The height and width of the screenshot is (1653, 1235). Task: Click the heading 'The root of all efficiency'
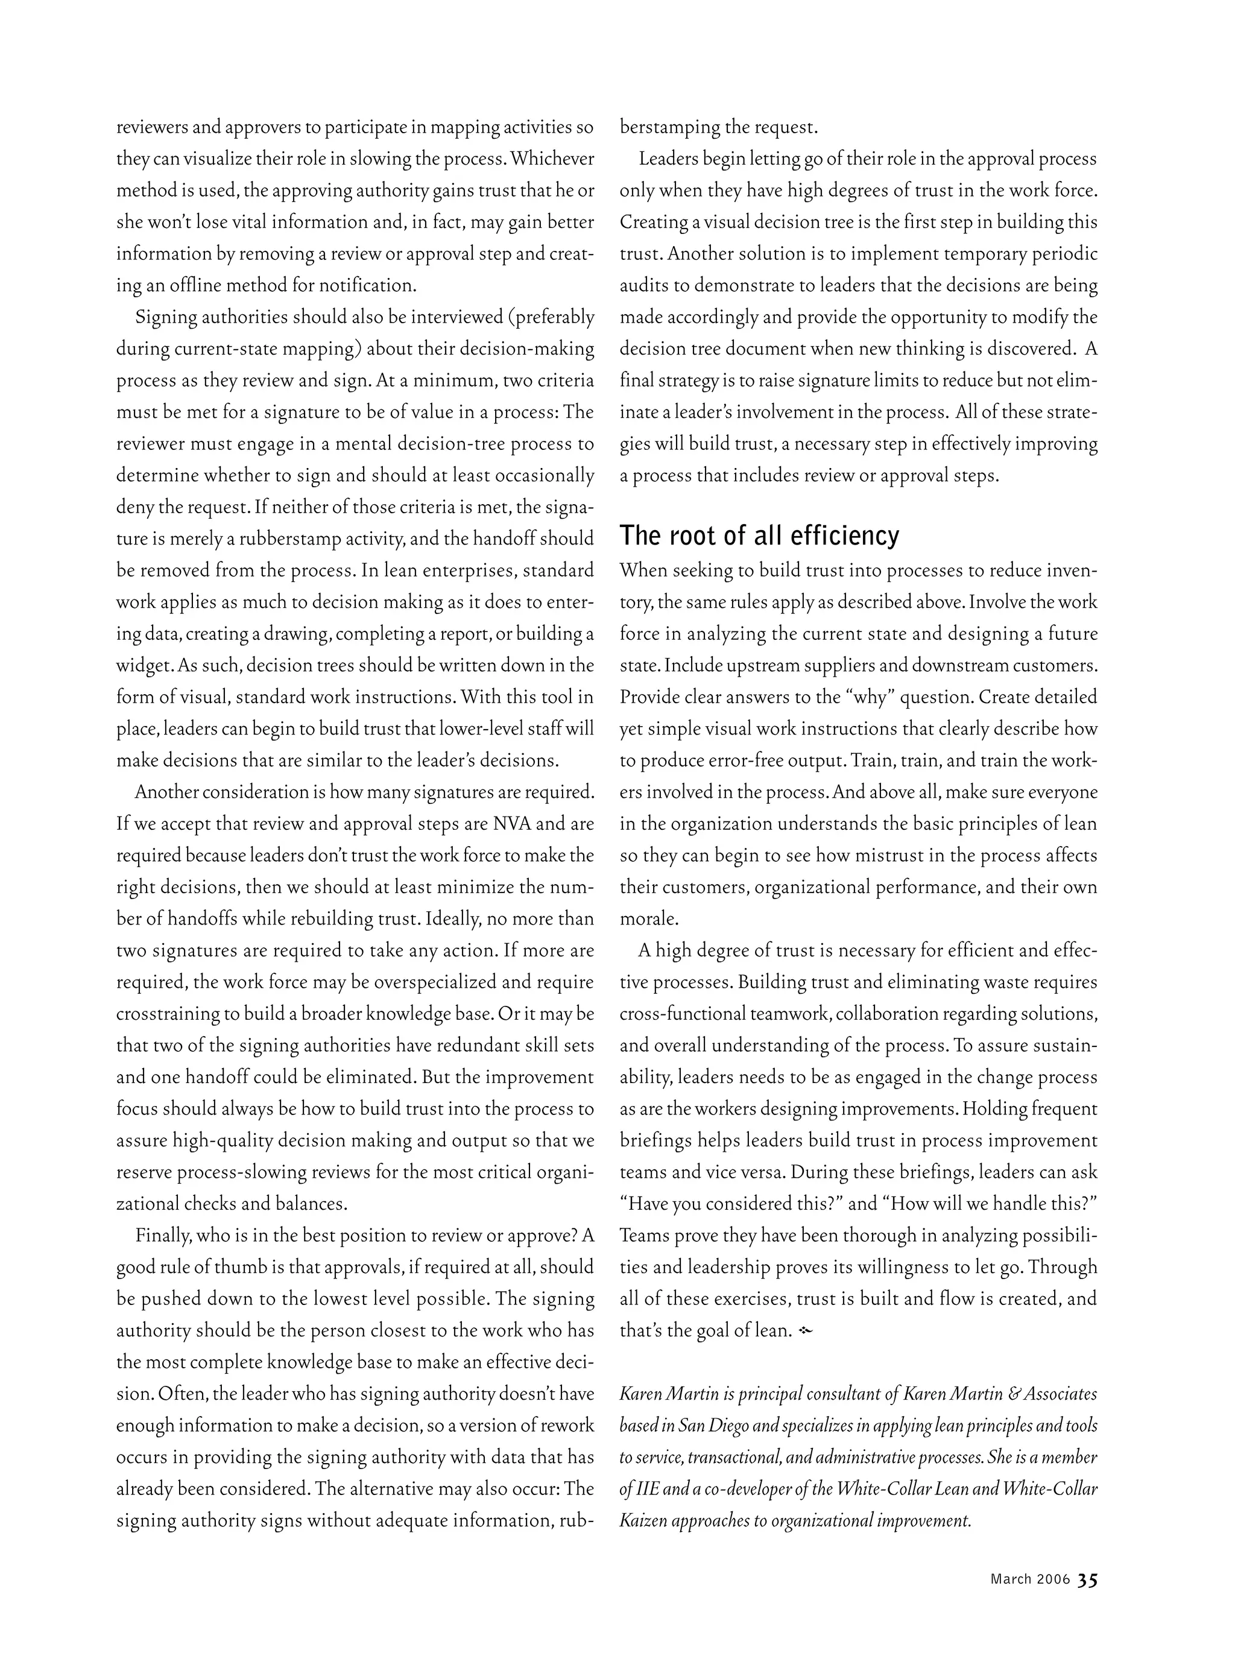(x=759, y=536)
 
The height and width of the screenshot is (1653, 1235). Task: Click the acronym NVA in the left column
(x=512, y=824)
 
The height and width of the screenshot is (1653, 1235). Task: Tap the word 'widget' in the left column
(x=142, y=665)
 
